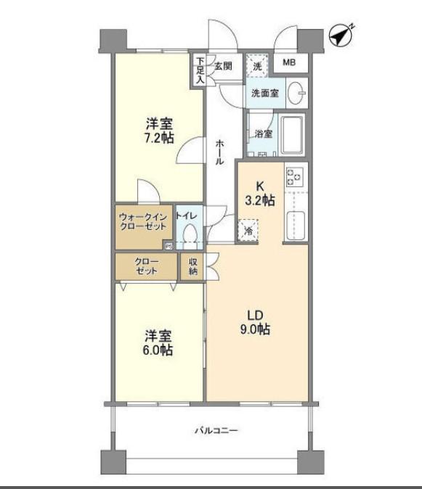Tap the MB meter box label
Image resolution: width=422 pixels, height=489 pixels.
pos(289,62)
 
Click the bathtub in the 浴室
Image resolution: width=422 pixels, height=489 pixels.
pos(292,135)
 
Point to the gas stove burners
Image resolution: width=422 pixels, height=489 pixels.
pos(295,177)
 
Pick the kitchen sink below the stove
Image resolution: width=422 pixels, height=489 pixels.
pos(296,226)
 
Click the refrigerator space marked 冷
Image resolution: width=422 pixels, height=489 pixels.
pos(248,231)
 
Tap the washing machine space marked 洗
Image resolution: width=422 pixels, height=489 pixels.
pos(257,66)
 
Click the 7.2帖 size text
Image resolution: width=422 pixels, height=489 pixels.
pos(159,138)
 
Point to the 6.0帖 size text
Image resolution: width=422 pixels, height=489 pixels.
pos(158,350)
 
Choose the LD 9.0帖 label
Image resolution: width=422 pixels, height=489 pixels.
pos(255,322)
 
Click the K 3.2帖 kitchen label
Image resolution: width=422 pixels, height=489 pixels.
pos(260,194)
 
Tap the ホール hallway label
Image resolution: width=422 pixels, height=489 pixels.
pos(219,152)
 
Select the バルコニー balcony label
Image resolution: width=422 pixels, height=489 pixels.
pos(216,431)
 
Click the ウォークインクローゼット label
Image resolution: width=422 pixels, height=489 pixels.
pos(143,221)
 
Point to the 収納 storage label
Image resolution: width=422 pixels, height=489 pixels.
pos(193,266)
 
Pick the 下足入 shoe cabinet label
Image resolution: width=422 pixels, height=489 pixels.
pos(200,70)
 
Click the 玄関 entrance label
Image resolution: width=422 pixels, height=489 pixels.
pos(223,66)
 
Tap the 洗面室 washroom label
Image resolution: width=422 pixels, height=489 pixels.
pos(265,93)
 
